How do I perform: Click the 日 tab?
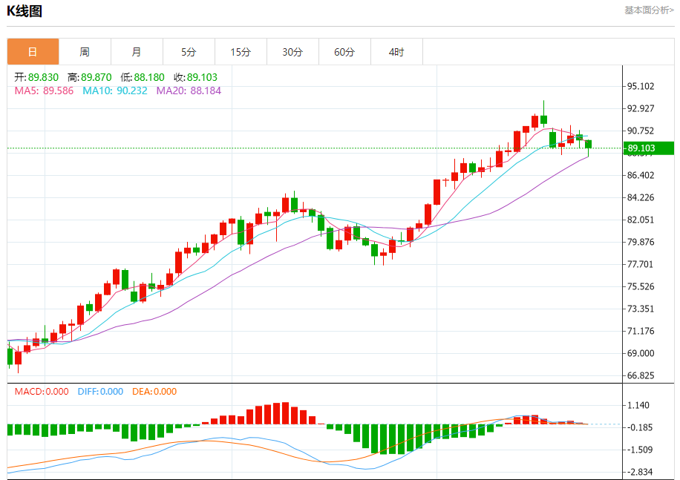pos(33,52)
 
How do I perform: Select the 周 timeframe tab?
pos(85,52)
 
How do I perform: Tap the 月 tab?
pos(137,52)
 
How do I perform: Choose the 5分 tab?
pos(189,52)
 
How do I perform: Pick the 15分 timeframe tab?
pos(241,52)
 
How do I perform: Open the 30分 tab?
pos(292,52)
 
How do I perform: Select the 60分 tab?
pos(344,52)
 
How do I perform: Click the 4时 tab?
pos(396,52)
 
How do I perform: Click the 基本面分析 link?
pos(649,10)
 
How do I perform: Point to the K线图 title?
pos(24,10)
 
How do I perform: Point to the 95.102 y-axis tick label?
pos(640,86)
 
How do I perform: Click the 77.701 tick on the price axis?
pos(640,264)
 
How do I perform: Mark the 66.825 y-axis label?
pos(640,375)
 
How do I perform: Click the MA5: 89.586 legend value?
pos(44,91)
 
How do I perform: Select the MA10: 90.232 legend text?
pos(115,91)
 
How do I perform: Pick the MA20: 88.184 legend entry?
pos(189,91)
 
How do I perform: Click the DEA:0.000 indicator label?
pos(154,391)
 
